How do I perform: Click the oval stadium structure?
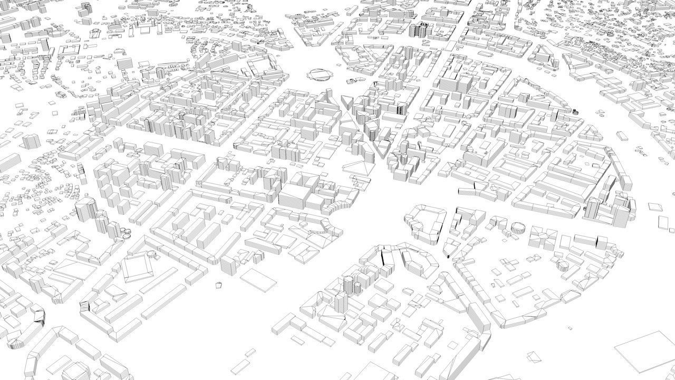pyautogui.click(x=320, y=74)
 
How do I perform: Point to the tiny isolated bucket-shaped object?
pyautogui.click(x=218, y=285)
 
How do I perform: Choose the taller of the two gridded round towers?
pyautogui.click(x=348, y=285)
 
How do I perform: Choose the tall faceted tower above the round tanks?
pyautogui.click(x=84, y=210)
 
